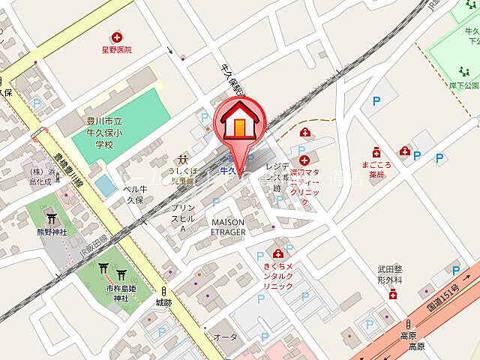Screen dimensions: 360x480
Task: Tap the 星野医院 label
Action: (117, 49)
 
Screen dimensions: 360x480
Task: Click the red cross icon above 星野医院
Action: (117, 36)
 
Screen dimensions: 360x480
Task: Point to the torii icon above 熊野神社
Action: (52, 219)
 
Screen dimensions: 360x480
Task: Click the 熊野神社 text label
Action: (52, 232)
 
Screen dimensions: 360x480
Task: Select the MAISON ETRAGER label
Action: (228, 227)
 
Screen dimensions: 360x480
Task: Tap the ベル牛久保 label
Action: (133, 195)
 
